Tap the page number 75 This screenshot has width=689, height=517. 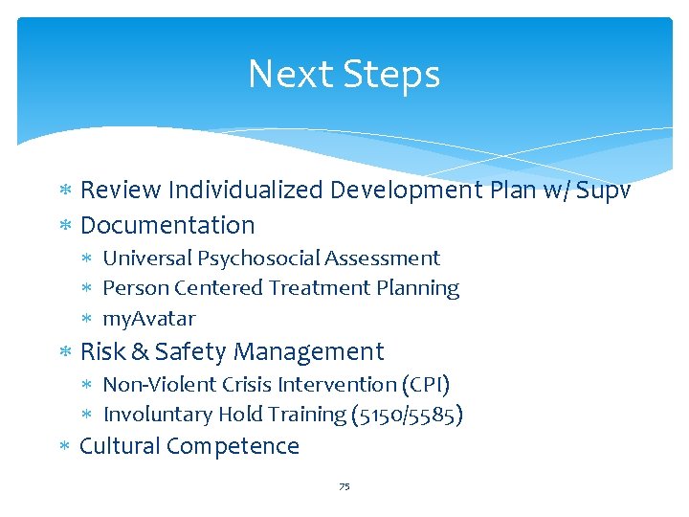pos(344,487)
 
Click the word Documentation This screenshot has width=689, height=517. pos(167,225)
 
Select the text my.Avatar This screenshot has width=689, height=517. pos(148,318)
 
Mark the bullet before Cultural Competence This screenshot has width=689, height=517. pos(65,447)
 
